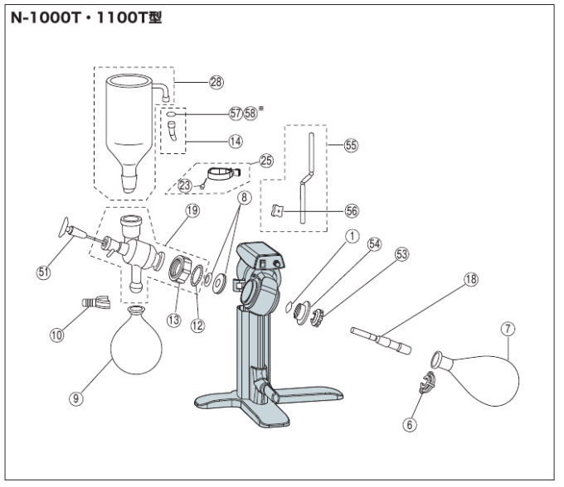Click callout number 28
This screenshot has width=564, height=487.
point(216,81)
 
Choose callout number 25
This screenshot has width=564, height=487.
point(265,159)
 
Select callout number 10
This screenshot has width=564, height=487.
point(56,335)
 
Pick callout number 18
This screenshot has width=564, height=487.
point(470,280)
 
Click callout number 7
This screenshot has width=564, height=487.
point(508,330)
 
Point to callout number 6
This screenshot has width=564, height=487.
point(408,424)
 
